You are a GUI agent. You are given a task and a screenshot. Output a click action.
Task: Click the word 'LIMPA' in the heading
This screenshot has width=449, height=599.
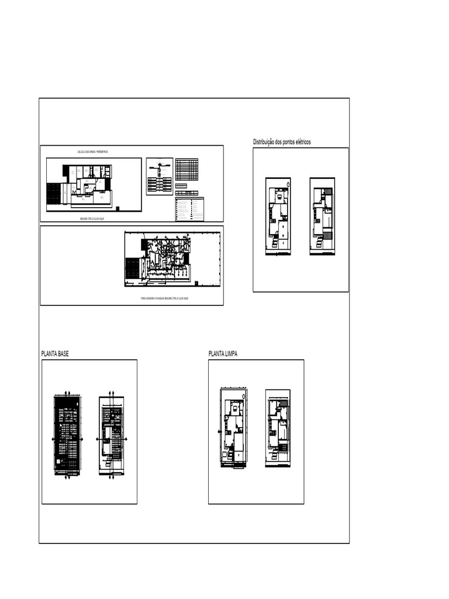pos(229,354)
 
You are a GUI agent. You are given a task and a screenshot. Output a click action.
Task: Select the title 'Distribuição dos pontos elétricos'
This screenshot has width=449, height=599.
pos(282,142)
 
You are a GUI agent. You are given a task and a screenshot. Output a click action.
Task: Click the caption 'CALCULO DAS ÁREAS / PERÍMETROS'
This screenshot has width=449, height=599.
pos(92,152)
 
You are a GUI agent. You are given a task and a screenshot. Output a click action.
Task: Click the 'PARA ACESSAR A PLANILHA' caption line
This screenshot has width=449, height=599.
pos(168,298)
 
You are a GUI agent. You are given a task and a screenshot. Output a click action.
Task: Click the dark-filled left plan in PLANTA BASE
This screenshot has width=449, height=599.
pos(68,433)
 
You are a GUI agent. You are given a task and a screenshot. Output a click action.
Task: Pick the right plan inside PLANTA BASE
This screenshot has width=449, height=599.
pos(111,433)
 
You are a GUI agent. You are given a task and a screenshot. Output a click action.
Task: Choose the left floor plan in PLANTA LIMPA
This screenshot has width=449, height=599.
pos(234,427)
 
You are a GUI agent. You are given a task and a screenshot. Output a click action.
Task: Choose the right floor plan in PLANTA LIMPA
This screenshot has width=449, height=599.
pos(278,426)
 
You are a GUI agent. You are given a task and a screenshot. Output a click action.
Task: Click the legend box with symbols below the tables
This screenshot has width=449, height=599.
pos(190,209)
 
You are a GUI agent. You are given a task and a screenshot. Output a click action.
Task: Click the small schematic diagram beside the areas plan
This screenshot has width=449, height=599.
pos(159,176)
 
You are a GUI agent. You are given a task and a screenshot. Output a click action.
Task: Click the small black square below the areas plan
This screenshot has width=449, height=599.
pos(117,208)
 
